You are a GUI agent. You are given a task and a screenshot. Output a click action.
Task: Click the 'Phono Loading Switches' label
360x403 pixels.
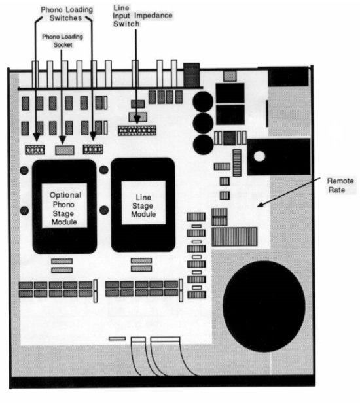point(67,14)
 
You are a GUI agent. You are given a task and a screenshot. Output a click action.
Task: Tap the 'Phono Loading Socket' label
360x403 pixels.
point(62,41)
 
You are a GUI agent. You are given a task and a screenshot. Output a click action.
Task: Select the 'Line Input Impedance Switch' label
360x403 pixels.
point(143,16)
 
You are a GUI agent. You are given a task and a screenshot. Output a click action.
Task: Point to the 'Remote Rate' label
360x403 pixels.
point(340,185)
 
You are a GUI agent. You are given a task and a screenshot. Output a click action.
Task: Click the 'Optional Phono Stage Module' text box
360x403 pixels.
point(65,205)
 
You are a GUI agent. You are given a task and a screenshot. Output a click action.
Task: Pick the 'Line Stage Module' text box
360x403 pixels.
point(143,203)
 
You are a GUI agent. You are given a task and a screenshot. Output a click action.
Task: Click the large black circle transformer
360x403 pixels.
point(264,306)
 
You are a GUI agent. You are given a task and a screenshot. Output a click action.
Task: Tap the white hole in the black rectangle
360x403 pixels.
point(259,156)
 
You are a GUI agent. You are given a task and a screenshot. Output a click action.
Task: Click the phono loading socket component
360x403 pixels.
point(65,150)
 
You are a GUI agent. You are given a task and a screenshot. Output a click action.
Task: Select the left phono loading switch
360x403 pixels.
point(35,150)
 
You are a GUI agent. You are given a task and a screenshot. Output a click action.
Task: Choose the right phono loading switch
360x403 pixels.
point(93,149)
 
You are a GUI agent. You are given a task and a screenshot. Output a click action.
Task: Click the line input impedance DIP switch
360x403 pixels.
point(137,131)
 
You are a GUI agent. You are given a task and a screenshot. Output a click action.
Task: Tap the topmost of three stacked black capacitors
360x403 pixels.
point(203,101)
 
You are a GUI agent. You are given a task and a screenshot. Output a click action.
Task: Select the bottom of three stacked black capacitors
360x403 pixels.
point(203,145)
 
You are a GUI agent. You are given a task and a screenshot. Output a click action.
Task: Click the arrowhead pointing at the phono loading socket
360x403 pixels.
point(62,140)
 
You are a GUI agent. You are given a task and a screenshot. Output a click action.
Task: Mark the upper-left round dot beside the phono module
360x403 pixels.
point(24,170)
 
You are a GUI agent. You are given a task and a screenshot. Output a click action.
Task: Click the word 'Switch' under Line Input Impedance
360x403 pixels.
point(126,24)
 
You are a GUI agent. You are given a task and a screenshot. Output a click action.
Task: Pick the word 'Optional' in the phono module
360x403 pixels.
point(65,195)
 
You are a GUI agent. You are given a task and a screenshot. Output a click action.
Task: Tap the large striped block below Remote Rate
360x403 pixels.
point(234,236)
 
